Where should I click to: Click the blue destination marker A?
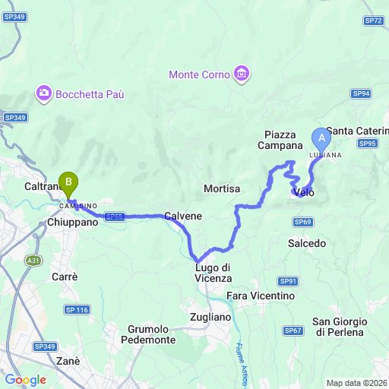321,139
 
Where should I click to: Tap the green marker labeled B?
69,183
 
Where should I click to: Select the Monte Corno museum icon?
242,74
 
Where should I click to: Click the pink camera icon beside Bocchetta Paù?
43,93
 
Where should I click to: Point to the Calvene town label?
183,216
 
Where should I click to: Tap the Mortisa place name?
222,188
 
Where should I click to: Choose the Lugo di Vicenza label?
213,272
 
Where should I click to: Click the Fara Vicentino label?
260,295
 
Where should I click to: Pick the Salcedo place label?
307,243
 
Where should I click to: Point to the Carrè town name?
64,277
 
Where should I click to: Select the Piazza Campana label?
280,140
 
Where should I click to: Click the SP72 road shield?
373,21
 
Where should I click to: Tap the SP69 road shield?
302,221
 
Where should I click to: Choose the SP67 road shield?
293,330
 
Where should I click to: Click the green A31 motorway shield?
33,261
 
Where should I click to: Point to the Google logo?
26,380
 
